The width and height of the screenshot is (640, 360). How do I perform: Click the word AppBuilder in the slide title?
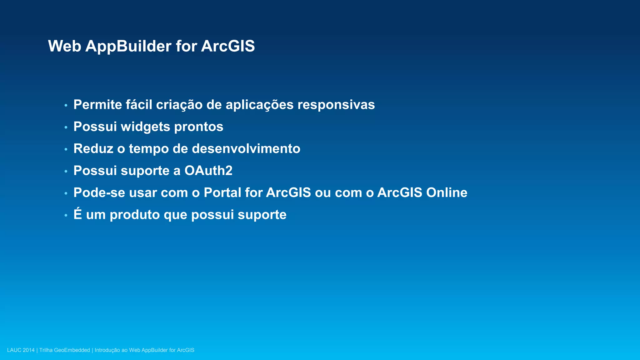pos(128,46)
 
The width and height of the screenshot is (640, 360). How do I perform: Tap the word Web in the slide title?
pos(65,46)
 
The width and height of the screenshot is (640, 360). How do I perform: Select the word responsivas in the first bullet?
pos(336,105)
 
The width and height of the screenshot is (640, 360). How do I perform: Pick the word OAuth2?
pos(208,171)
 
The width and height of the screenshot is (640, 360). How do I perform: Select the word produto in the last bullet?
pos(135,215)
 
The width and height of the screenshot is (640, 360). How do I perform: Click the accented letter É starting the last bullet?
pos(77,214)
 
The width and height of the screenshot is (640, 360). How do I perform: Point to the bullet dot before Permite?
pos(66,106)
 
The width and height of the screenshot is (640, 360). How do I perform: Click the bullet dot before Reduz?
pos(66,149)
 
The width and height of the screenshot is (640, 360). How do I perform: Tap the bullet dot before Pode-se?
pos(66,193)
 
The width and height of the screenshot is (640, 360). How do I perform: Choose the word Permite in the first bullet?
pos(97,105)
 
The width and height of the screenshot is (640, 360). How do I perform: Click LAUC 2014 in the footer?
pos(21,350)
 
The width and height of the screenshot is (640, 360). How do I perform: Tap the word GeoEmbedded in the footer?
pos(72,350)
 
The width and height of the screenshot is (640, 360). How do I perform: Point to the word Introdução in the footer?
pos(107,350)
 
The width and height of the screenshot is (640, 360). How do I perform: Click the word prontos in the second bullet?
pos(198,127)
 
